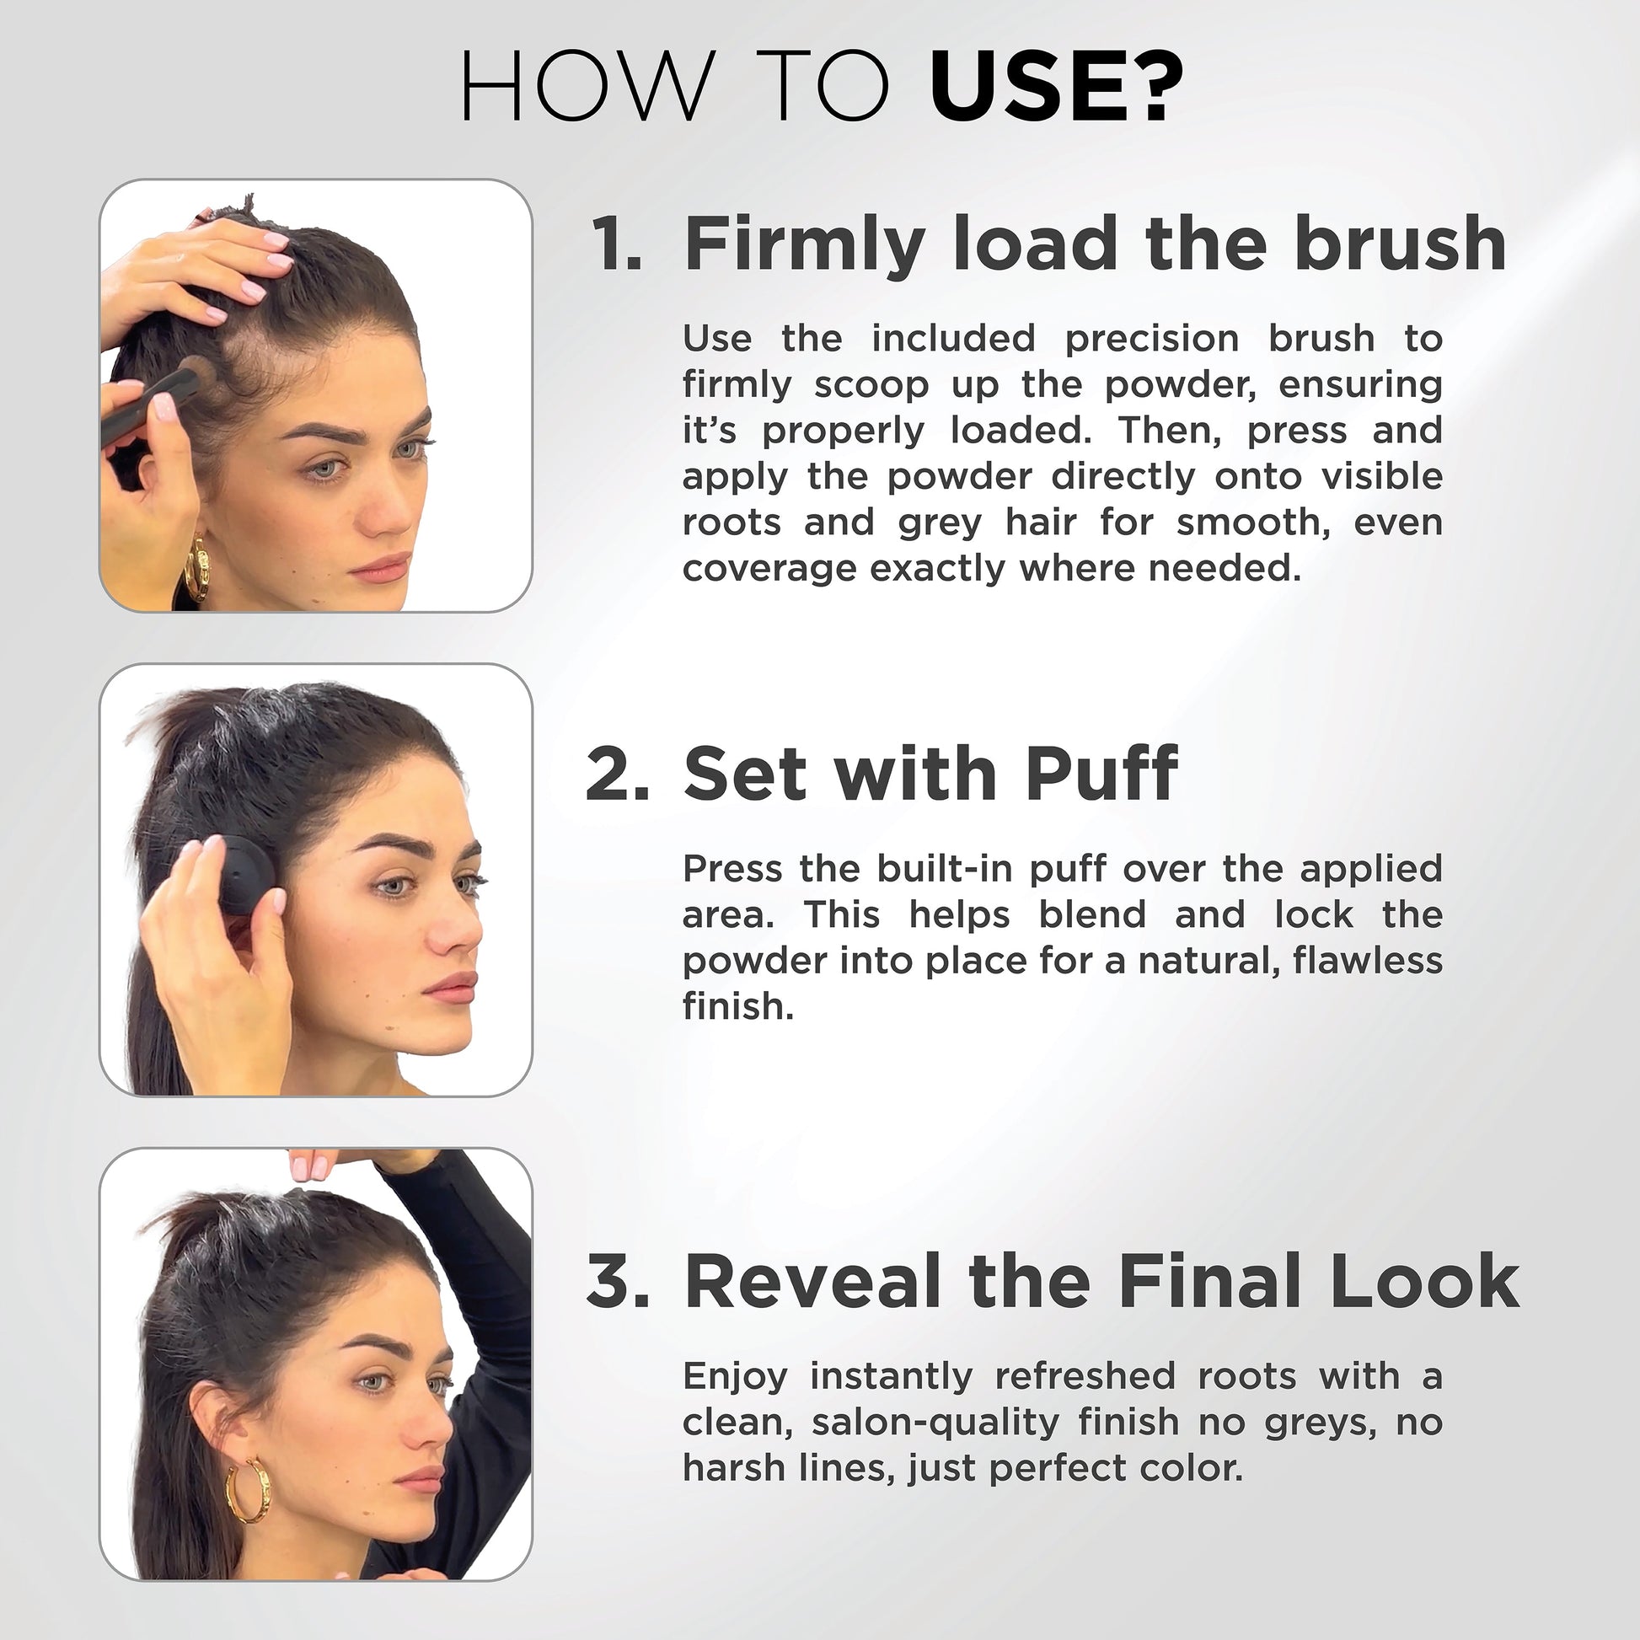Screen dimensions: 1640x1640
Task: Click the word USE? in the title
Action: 1056,88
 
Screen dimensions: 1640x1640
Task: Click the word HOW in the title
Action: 585,88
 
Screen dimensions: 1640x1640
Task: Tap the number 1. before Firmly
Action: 616,244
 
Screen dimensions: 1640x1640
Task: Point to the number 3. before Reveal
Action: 618,1281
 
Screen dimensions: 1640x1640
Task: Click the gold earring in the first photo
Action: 196,567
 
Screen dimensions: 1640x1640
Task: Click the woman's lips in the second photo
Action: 452,988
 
